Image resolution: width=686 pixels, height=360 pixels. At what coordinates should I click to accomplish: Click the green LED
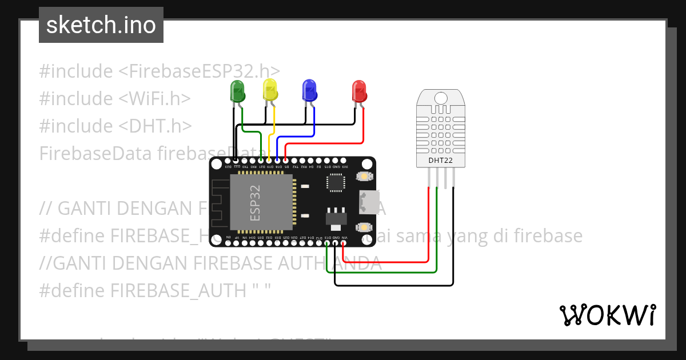coord(237,91)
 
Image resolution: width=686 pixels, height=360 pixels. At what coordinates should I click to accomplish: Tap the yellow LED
coord(270,90)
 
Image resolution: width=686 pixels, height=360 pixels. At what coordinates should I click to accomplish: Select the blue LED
coord(309,90)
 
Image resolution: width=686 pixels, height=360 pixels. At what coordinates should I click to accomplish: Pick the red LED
coord(359,91)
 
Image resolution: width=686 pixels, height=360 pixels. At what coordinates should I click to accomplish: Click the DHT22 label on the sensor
coord(440,161)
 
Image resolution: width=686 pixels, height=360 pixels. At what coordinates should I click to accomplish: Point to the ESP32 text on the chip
coord(255,202)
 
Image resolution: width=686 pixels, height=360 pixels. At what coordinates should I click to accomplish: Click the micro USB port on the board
coord(367,201)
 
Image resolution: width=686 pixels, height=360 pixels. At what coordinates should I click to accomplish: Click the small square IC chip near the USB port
coord(336,182)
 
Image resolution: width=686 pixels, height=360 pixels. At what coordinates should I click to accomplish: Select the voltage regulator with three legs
coord(336,218)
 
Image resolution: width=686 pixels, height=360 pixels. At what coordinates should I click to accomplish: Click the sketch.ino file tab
coord(101,25)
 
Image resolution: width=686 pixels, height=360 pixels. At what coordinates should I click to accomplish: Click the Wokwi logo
coord(607,315)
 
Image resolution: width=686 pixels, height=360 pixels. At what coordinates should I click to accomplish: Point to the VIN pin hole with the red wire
coord(343,243)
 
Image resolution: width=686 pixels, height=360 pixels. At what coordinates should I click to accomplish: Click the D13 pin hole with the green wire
coord(327,243)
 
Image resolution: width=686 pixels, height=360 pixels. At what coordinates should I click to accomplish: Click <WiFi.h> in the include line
coord(154,99)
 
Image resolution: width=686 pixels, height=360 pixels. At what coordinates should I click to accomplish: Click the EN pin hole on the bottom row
coord(229,243)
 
